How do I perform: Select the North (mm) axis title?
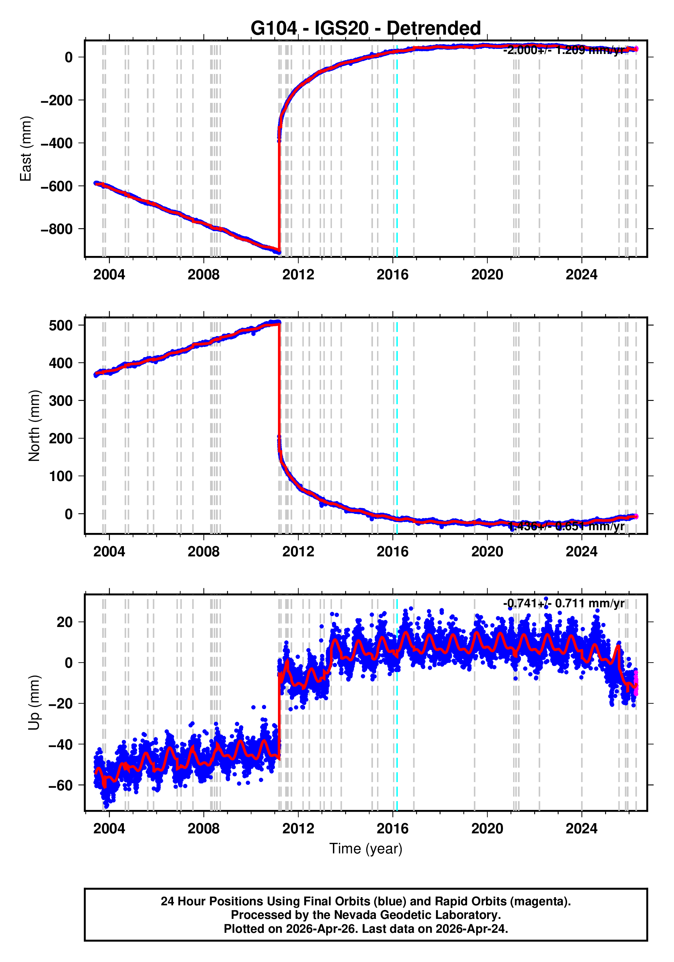34,426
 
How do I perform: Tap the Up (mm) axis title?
34,703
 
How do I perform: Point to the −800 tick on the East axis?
57,229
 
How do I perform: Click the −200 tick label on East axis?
57,100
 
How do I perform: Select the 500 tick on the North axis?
60,326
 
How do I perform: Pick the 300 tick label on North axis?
60,401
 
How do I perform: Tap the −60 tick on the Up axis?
60,785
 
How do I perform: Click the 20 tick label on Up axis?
64,622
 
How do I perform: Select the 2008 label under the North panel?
203,552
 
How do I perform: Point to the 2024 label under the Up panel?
581,829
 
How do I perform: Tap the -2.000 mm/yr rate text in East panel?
563,50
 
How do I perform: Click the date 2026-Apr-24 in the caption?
470,929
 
